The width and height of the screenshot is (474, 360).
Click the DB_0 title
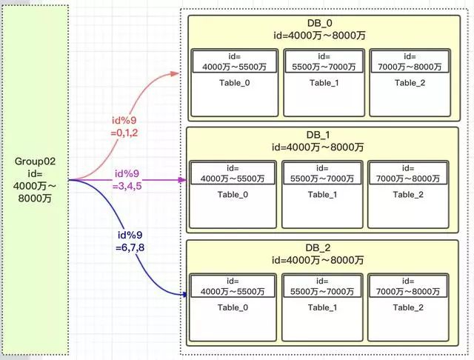(319, 23)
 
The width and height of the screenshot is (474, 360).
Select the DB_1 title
(318, 135)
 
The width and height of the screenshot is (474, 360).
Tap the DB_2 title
(318, 248)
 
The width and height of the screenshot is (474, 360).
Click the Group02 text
(35, 161)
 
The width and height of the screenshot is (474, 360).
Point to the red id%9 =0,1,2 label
(124, 127)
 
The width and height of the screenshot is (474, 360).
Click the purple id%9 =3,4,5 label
(127, 179)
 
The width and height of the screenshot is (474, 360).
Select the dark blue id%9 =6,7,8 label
(130, 241)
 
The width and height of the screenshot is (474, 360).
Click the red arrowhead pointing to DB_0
(175, 73)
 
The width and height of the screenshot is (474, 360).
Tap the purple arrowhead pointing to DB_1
(182, 180)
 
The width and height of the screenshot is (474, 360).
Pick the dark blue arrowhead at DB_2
(184, 294)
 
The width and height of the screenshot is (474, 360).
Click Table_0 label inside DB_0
(235, 83)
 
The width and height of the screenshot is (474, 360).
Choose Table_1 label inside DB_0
(324, 83)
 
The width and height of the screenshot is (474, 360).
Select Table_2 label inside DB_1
(408, 195)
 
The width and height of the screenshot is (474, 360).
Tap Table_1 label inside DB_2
(322, 307)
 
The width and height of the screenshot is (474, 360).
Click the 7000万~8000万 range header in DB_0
(410, 67)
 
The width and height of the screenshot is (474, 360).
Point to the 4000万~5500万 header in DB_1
(233, 179)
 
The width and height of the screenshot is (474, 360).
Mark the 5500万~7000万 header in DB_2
(322, 292)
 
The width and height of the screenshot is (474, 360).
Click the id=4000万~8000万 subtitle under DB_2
(318, 260)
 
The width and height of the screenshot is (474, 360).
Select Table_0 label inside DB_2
(233, 307)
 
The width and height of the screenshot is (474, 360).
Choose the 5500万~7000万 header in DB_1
(322, 179)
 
